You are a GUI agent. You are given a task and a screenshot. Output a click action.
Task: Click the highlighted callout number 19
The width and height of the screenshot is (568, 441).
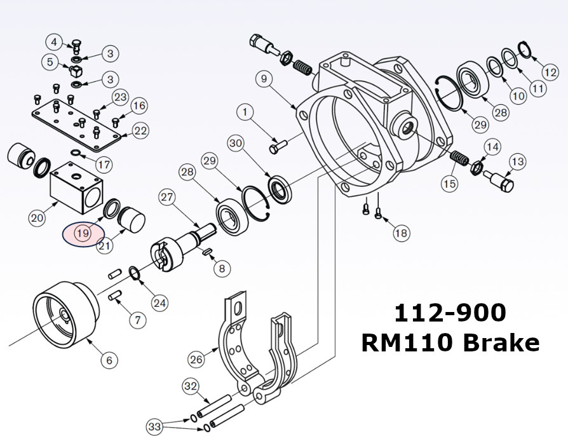[x=83, y=233]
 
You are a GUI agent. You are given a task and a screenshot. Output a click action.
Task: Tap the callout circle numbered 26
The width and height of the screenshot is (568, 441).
[x=197, y=359]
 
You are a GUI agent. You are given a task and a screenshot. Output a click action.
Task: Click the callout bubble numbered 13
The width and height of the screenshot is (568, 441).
[x=517, y=162]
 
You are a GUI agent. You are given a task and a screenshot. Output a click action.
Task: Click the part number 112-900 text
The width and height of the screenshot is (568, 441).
[x=450, y=313]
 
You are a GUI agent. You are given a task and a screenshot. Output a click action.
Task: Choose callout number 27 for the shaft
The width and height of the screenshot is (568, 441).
[x=166, y=197]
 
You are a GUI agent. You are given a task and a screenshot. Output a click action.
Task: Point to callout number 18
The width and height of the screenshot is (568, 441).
[x=401, y=233]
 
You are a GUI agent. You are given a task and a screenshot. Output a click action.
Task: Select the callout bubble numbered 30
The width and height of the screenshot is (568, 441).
[x=236, y=144]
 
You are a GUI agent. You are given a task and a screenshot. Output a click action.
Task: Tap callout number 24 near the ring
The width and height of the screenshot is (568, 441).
[x=159, y=303]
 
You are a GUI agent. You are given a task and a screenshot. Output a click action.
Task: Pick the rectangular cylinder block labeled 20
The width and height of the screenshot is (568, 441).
[x=75, y=187]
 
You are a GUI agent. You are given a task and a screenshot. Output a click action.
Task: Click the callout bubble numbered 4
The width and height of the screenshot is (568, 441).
[x=55, y=42]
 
